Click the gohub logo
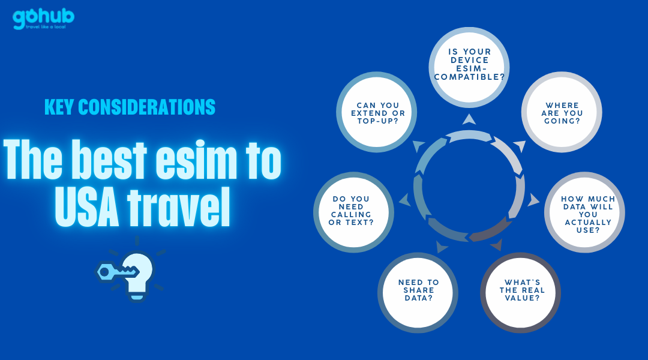(x=43, y=19)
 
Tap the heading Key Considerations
(x=130, y=107)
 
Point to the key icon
(x=116, y=272)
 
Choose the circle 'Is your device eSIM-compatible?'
(x=469, y=67)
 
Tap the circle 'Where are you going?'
(x=562, y=112)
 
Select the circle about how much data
(x=584, y=212)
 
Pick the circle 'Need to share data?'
(x=418, y=293)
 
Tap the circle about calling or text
(x=353, y=212)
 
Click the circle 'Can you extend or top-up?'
(x=376, y=112)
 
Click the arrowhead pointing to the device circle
(x=469, y=119)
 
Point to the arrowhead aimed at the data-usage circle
(x=533, y=200)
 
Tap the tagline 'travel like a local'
(x=46, y=27)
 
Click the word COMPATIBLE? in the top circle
(x=469, y=77)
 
